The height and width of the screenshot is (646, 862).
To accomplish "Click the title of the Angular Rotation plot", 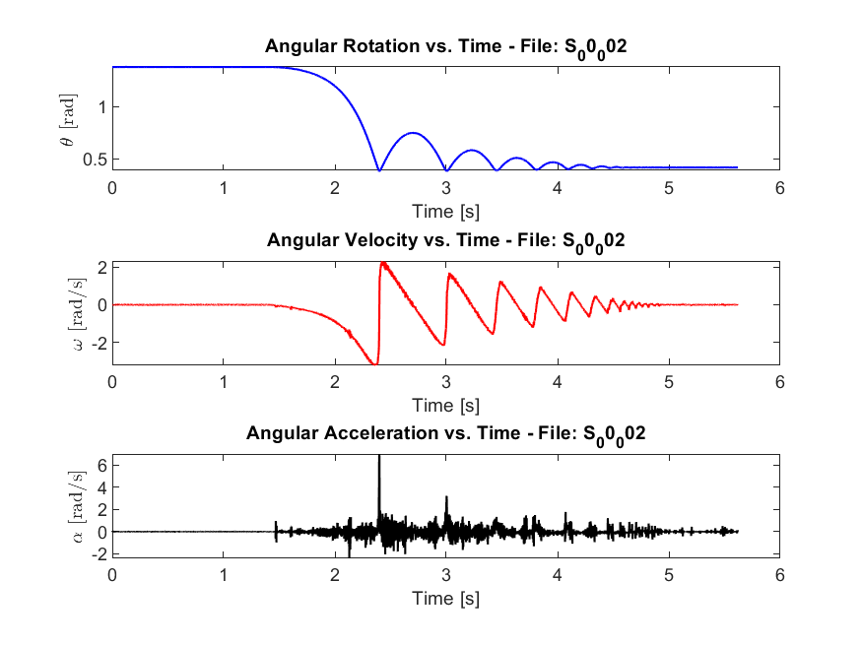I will (445, 47).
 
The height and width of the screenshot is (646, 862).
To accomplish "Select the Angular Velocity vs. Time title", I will (445, 240).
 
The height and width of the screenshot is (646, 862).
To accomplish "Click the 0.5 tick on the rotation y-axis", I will (94, 159).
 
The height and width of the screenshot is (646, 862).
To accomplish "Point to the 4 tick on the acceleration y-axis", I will (100, 485).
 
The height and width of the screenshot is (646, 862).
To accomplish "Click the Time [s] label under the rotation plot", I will (445, 211).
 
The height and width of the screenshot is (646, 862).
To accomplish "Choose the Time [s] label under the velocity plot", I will (445, 405).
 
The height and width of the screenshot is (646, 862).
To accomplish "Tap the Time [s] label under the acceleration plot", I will (445, 598).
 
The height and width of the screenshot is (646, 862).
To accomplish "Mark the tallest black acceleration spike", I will (379, 459).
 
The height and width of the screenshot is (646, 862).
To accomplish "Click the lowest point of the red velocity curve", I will (374, 364).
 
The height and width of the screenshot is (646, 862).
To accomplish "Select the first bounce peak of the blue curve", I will (414, 133).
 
